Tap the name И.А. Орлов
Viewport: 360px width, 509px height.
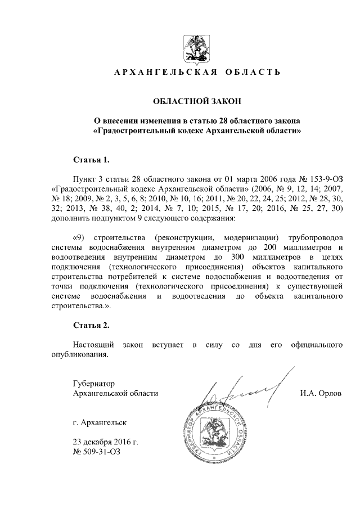click(321, 394)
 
